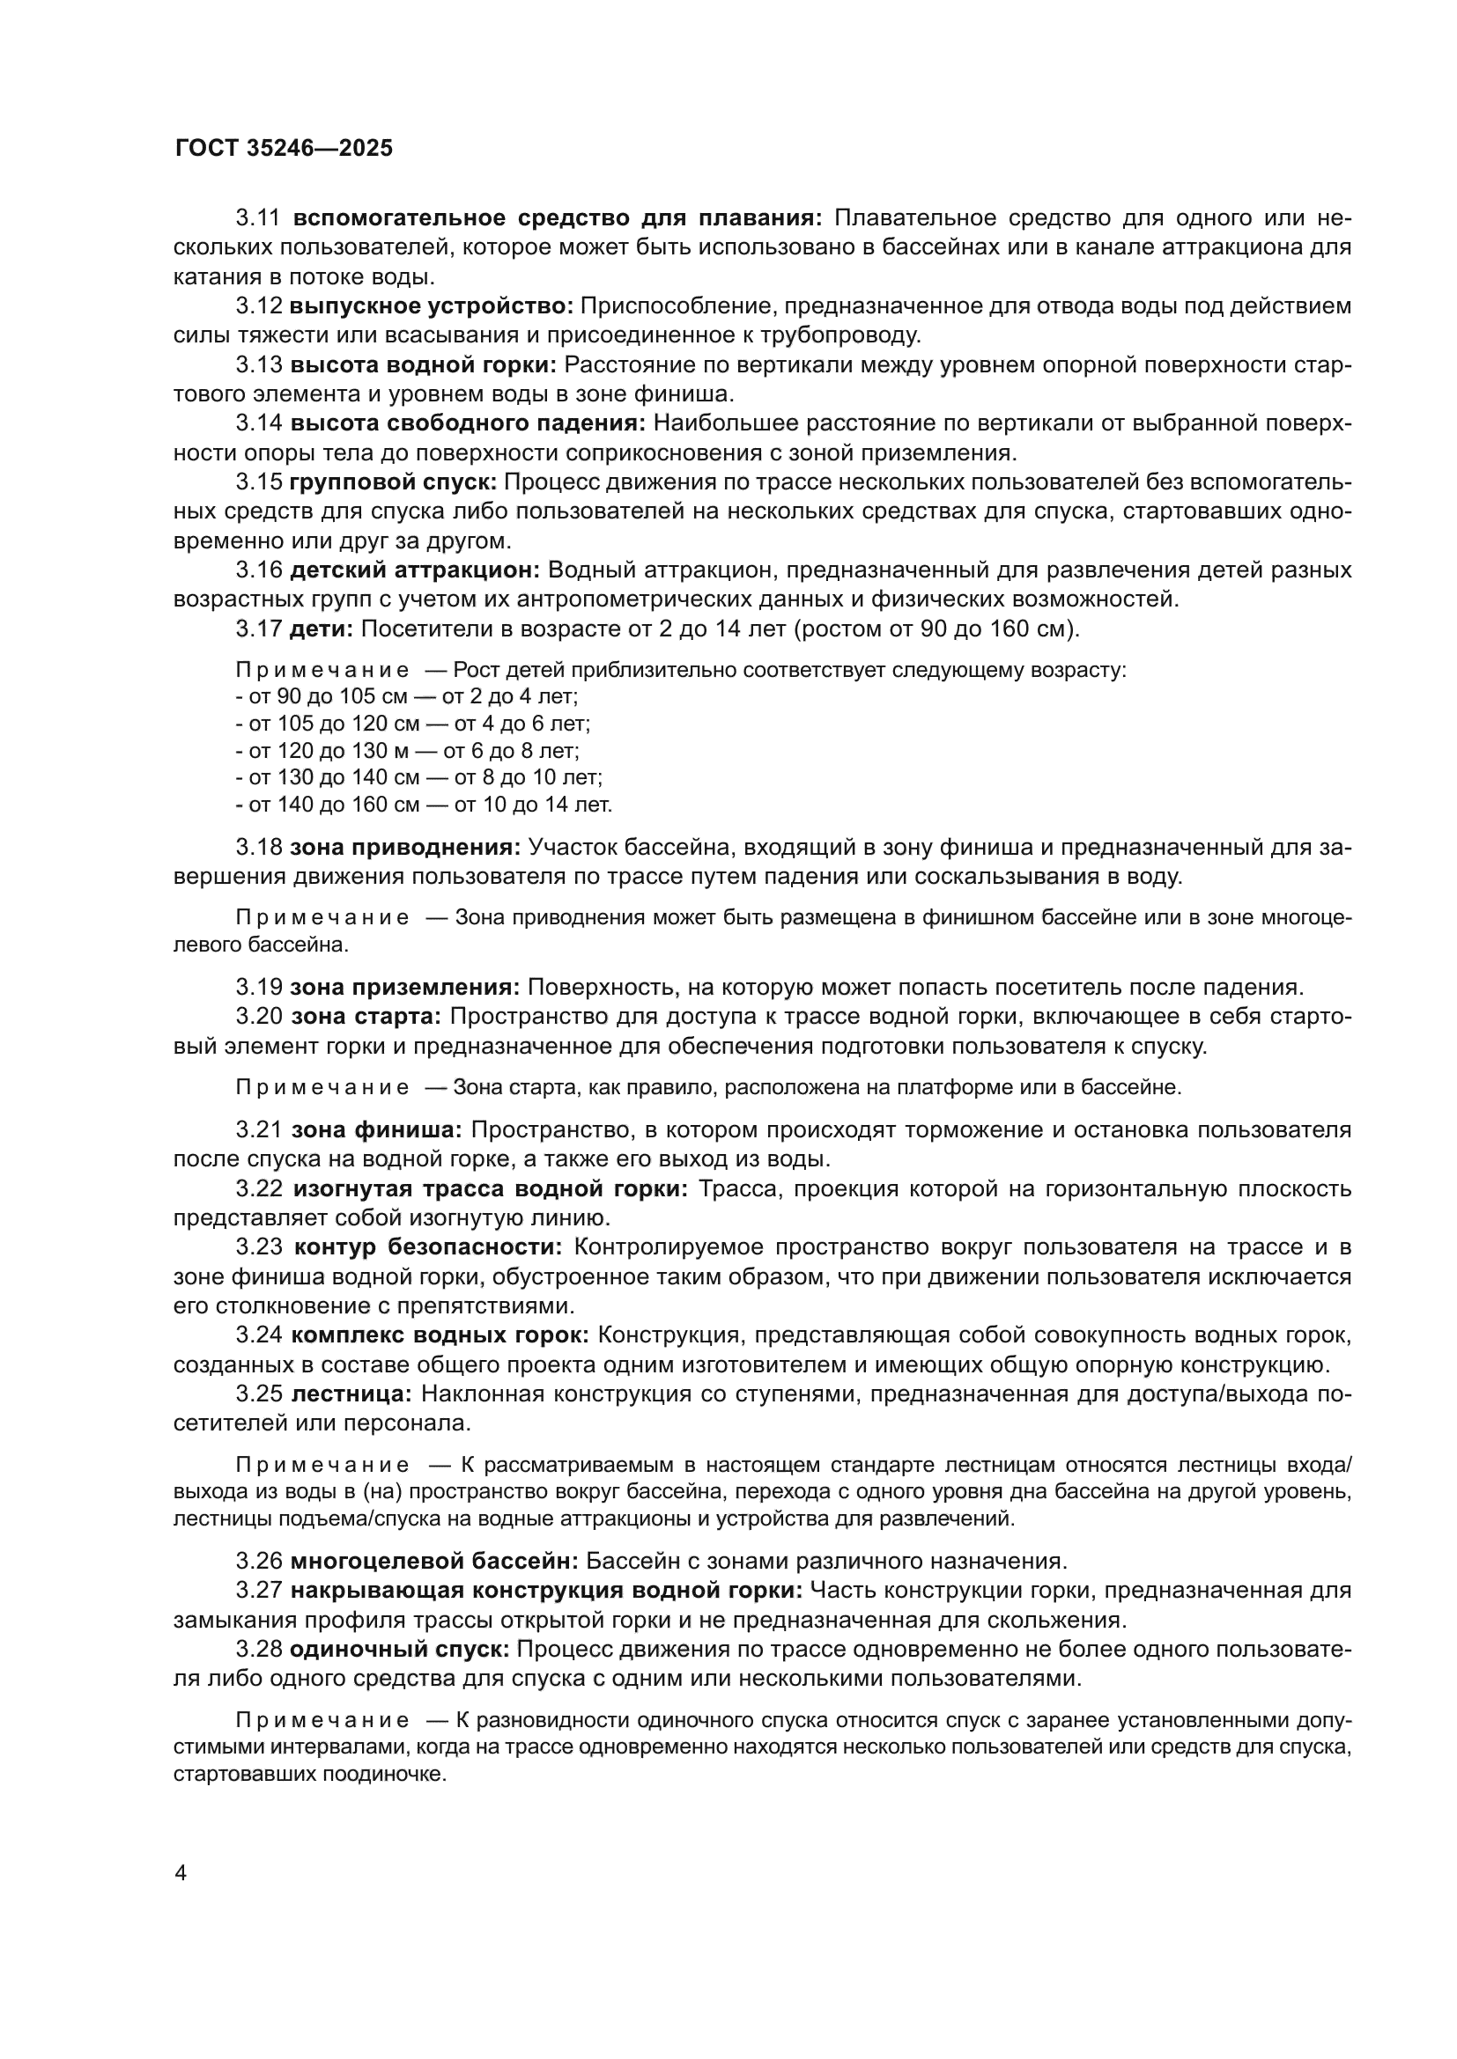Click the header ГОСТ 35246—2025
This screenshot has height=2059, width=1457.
pyautogui.click(x=284, y=149)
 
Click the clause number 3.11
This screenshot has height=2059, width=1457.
pyautogui.click(x=259, y=218)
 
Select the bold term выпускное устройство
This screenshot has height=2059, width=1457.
pyautogui.click(x=431, y=306)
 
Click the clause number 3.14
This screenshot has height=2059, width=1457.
pyautogui.click(x=259, y=423)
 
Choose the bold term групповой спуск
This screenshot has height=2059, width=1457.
pyautogui.click(x=393, y=482)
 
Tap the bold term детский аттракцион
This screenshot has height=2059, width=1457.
pyautogui.click(x=415, y=570)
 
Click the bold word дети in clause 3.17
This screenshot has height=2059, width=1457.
pyautogui.click(x=322, y=629)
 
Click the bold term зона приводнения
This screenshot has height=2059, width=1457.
pyautogui.click(x=404, y=848)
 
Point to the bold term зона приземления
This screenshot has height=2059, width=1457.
pyautogui.click(x=404, y=988)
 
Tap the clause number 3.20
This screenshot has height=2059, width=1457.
pyautogui.click(x=259, y=1017)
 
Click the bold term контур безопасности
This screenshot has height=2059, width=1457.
pyautogui.click(x=428, y=1247)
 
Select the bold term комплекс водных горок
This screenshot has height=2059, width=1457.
pyautogui.click(x=440, y=1335)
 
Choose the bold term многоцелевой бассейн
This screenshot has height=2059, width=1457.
pyautogui.click(x=434, y=1562)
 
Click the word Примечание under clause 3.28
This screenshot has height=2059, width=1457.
pyautogui.click(x=323, y=1721)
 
